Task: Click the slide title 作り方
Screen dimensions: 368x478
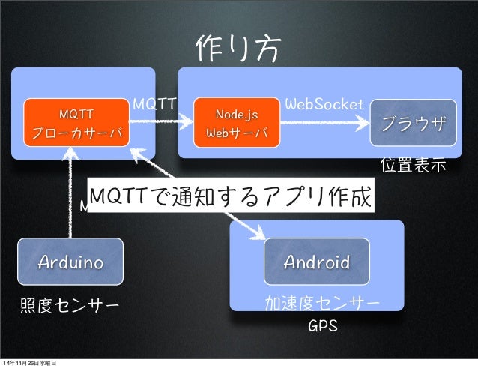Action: (x=239, y=49)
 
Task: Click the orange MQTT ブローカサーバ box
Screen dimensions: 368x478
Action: (x=77, y=123)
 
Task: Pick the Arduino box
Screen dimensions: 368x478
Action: (x=70, y=262)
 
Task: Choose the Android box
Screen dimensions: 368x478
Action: (x=316, y=262)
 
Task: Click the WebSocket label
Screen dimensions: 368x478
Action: (x=324, y=103)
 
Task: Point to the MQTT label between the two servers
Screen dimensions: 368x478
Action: (x=154, y=103)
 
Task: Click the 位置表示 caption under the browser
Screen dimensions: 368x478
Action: (x=414, y=163)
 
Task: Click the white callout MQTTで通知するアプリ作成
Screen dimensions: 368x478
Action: (x=229, y=196)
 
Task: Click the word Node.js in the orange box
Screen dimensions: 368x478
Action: (x=237, y=114)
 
